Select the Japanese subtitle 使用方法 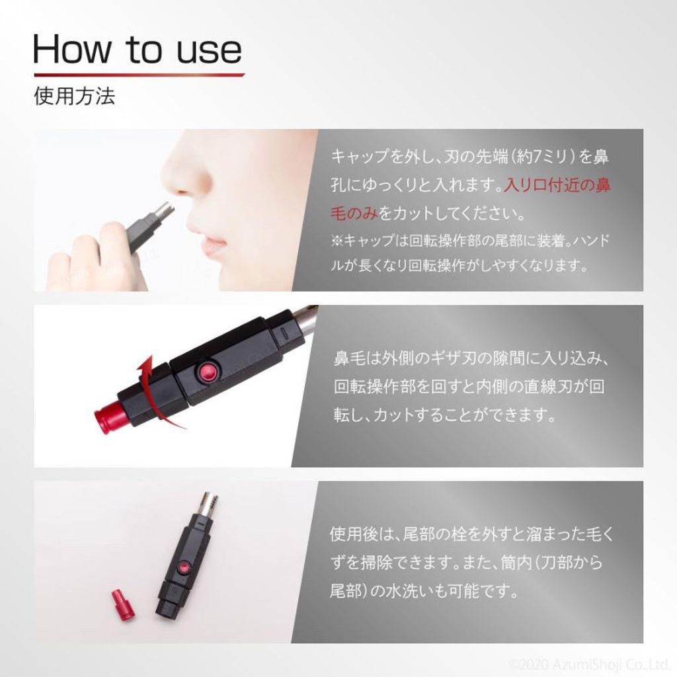(74, 96)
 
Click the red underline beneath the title (139, 75)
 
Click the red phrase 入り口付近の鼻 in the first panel (557, 185)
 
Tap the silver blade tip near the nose (165, 210)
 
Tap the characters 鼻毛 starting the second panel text (349, 358)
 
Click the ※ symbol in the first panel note (337, 241)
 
